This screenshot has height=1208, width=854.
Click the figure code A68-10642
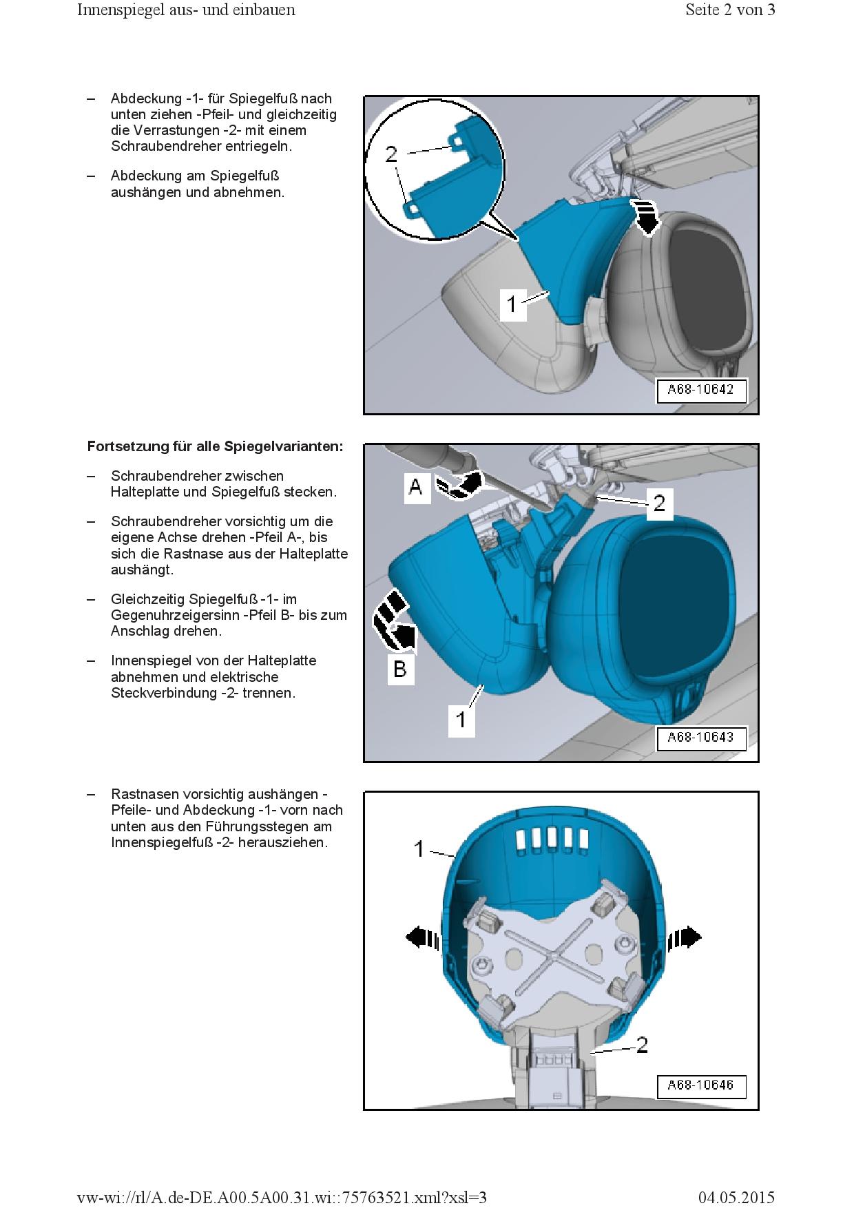pyautogui.click(x=700, y=390)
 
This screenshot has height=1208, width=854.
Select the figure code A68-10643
pyautogui.click(x=700, y=738)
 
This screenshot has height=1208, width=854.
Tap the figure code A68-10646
pyautogui.click(x=700, y=1085)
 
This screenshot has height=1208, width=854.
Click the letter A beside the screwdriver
pyautogui.click(x=416, y=487)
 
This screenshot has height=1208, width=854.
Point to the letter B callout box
pyautogui.click(x=400, y=668)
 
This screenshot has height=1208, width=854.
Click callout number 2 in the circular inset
pyautogui.click(x=391, y=154)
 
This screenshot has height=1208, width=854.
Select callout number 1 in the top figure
pyautogui.click(x=512, y=303)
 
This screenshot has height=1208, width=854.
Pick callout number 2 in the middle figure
pyautogui.click(x=659, y=503)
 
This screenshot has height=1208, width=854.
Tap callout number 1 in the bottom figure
pyautogui.click(x=419, y=849)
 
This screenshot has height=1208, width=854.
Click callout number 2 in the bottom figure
pyautogui.click(x=642, y=1045)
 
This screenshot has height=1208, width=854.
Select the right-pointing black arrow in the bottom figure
pyautogui.click(x=686, y=937)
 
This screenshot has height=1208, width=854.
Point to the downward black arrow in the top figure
pyautogui.click(x=647, y=218)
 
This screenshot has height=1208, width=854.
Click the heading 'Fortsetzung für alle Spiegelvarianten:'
pyautogui.click(x=215, y=446)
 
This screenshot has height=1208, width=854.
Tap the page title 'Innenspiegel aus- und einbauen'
pyautogui.click(x=186, y=10)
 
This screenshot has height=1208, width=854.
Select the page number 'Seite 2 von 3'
pyautogui.click(x=730, y=10)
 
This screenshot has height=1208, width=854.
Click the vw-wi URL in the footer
pyautogui.click(x=282, y=1198)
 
